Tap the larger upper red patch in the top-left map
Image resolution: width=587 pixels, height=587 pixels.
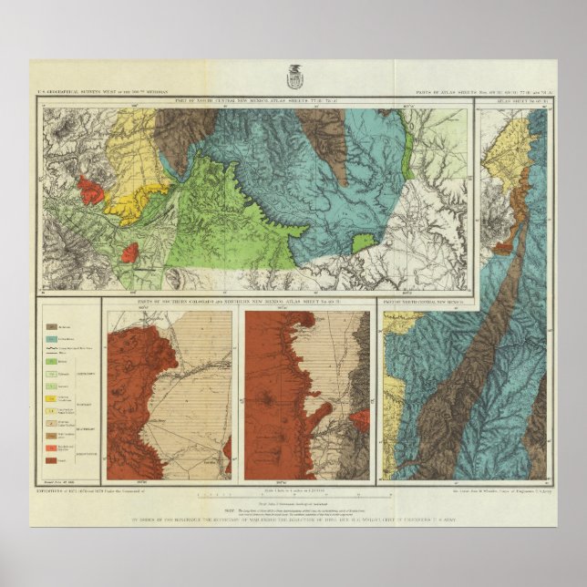click(x=91, y=190)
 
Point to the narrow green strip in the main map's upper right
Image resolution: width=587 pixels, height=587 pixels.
click(x=408, y=146)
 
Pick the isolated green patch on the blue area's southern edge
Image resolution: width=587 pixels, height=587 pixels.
click(x=364, y=242)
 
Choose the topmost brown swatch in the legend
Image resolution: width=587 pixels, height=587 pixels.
click(x=53, y=324)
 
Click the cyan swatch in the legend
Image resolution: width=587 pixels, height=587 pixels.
click(x=53, y=337)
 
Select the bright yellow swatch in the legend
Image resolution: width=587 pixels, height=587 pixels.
click(x=53, y=398)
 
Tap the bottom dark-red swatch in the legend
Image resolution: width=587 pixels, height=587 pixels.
click(x=53, y=459)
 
